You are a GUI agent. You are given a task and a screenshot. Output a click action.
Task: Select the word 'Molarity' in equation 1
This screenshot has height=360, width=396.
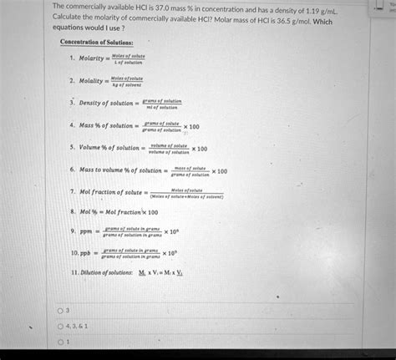point(92,59)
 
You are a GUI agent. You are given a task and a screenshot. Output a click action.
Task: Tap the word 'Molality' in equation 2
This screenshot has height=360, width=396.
point(92,82)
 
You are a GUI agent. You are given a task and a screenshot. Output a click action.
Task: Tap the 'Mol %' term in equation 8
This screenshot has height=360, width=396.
point(87,212)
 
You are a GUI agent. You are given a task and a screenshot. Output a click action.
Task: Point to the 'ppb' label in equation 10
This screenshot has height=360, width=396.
point(85,251)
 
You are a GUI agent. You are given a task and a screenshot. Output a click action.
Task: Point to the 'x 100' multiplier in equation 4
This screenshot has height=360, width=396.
point(191,126)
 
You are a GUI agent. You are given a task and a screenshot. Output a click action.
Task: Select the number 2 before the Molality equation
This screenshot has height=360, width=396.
point(73,82)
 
